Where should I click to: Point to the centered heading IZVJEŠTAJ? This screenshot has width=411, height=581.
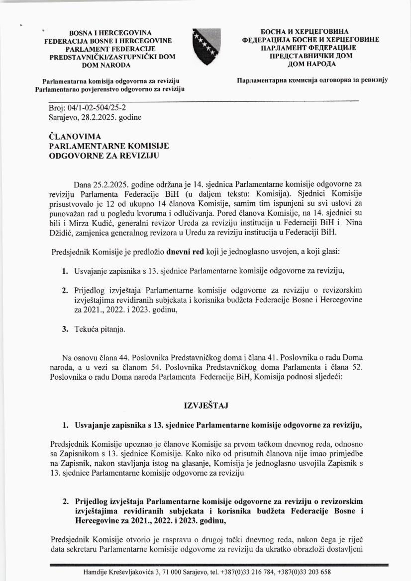point(206,406)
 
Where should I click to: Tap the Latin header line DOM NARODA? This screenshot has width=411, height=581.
point(106,65)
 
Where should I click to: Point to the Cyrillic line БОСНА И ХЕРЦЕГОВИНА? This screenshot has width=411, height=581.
point(311,32)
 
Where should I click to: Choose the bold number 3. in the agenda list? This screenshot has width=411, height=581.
point(65,329)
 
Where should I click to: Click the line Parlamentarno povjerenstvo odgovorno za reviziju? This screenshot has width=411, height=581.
point(110,89)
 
